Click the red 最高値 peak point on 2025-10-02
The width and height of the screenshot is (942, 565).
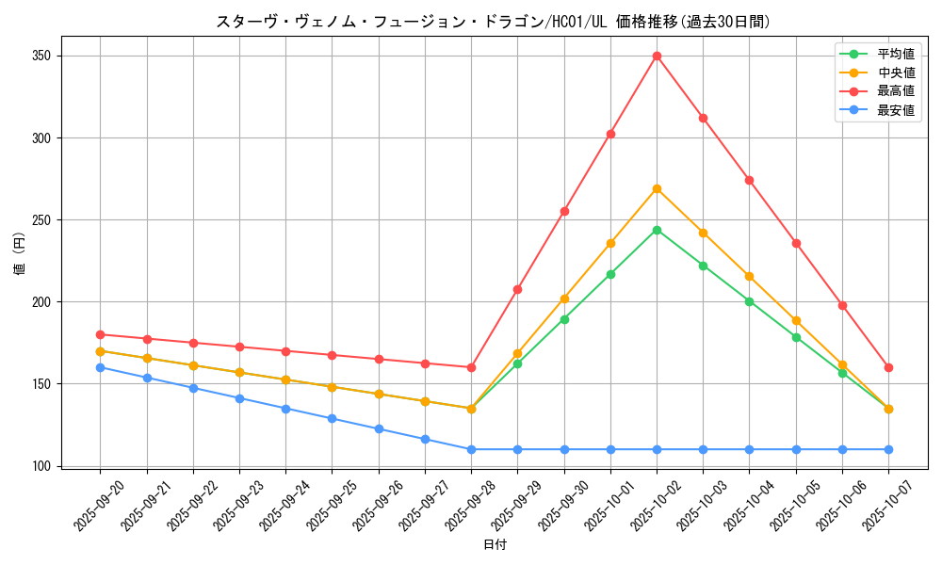click(x=657, y=56)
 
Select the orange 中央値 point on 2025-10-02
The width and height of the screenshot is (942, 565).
click(x=657, y=188)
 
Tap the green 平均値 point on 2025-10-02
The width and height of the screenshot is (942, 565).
click(x=657, y=230)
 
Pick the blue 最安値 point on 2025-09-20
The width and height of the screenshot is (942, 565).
click(x=100, y=367)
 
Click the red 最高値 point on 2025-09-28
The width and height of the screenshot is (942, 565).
click(x=471, y=367)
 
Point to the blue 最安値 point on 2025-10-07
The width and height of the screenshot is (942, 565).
click(x=888, y=449)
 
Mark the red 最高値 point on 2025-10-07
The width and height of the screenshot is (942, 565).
click(x=888, y=367)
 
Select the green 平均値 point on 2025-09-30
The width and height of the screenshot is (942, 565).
click(x=564, y=319)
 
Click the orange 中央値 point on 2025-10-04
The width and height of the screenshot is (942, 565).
click(x=749, y=276)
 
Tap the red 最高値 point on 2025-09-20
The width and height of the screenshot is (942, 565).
click(x=100, y=334)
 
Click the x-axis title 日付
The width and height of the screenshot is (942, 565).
click(x=495, y=545)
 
